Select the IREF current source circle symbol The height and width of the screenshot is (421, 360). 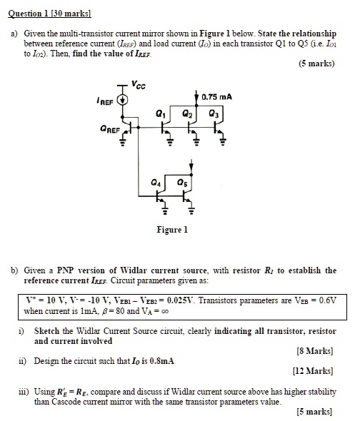[x=123, y=101]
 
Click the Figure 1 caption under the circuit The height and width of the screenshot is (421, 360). [x=172, y=230]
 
